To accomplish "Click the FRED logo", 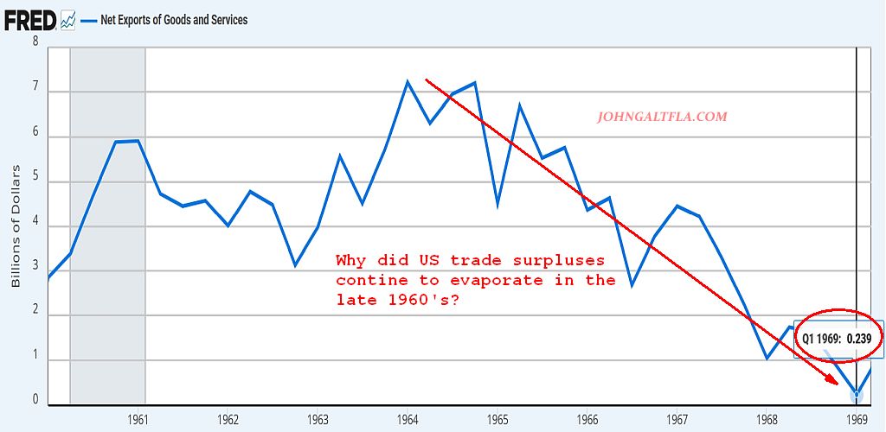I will tap(30, 20).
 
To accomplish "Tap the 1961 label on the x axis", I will tap(138, 419).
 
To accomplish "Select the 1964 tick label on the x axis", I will tap(408, 419).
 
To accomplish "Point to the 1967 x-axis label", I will tap(677, 419).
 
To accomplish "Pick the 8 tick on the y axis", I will tap(35, 41).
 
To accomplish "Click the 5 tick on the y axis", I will tap(35, 182).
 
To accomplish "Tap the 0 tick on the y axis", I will tap(35, 400).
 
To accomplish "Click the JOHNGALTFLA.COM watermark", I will tap(663, 117).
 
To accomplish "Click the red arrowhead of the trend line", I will tap(831, 378).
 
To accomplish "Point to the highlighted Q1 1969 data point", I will tap(857, 395).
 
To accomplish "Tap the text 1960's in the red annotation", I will tap(430, 299).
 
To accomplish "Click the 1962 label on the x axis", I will tap(228, 419).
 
